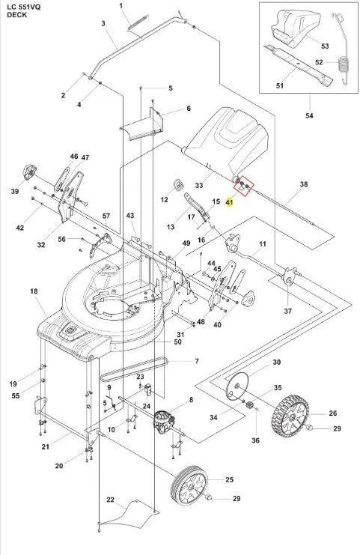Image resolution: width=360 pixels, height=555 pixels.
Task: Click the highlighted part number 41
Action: tap(230, 202)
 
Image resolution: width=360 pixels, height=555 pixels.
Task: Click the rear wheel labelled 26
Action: tap(290, 415)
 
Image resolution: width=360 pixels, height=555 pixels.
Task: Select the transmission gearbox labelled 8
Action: tap(164, 422)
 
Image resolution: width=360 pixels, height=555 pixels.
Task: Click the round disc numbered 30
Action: tap(237, 387)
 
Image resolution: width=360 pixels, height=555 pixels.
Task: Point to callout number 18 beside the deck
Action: tap(34, 291)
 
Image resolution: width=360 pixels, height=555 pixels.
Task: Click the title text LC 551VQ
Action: tap(24, 7)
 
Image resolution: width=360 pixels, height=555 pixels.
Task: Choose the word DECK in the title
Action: tap(16, 15)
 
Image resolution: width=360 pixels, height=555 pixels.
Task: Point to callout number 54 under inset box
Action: tap(309, 115)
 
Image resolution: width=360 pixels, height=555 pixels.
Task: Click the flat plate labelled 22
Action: tap(129, 512)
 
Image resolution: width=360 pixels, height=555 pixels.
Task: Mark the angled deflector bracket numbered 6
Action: tap(142, 127)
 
